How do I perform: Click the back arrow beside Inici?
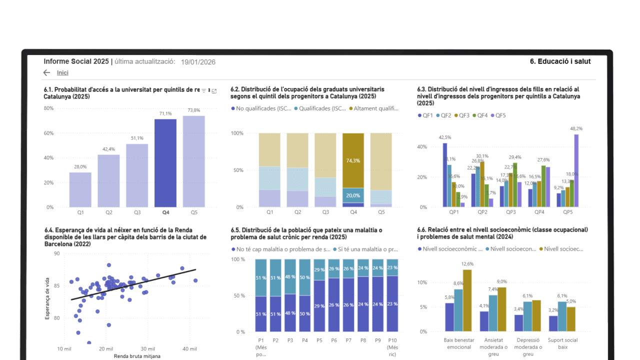point(47,73)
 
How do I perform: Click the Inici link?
point(62,73)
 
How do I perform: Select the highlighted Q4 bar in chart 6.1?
point(165,163)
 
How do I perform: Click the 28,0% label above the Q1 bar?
point(80,167)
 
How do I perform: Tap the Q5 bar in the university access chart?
point(193,161)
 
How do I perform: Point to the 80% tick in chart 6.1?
point(48,108)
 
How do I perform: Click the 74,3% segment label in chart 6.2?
point(353,160)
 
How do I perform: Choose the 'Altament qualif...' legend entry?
point(373,108)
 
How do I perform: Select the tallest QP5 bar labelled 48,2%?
point(576,170)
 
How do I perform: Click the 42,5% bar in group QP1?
point(444,175)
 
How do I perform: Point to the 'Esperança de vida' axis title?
point(47,298)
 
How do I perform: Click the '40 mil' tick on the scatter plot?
point(189,348)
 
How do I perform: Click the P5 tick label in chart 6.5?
point(319,339)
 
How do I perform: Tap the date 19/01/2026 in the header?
point(198,62)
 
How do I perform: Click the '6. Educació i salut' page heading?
point(560,61)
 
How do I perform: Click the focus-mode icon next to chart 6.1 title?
point(214,91)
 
